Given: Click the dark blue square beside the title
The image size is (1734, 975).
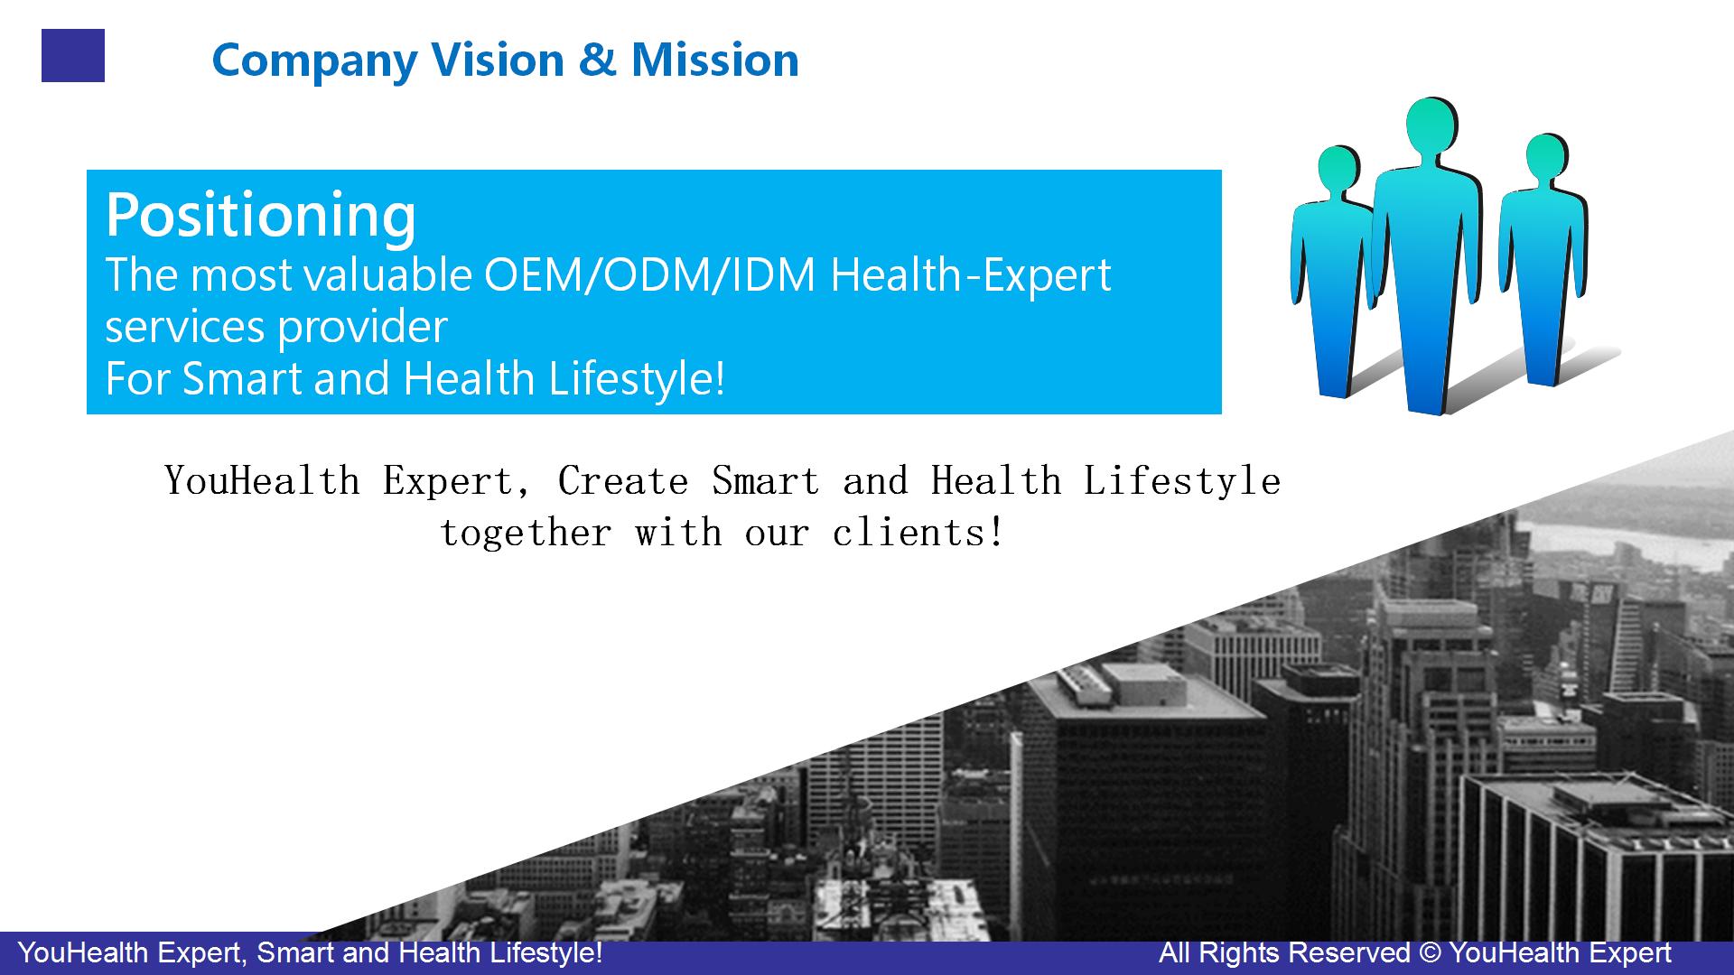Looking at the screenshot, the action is tap(73, 55).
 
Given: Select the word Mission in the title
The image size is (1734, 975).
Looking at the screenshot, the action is tap(714, 60).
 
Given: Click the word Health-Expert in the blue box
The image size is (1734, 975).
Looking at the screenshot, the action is tap(971, 276).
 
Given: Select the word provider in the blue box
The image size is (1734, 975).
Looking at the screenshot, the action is tap(362, 328).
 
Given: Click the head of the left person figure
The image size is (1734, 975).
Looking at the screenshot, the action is tap(1338, 170).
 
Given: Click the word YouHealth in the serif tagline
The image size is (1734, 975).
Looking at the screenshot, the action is tap(263, 480).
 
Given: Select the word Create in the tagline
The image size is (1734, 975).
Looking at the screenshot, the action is tap(623, 480).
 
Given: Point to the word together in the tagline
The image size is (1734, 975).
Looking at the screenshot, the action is tap(526, 534).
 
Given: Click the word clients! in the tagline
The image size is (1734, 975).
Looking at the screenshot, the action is tap(918, 534).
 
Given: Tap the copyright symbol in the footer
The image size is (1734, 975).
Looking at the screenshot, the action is tap(1429, 953).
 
